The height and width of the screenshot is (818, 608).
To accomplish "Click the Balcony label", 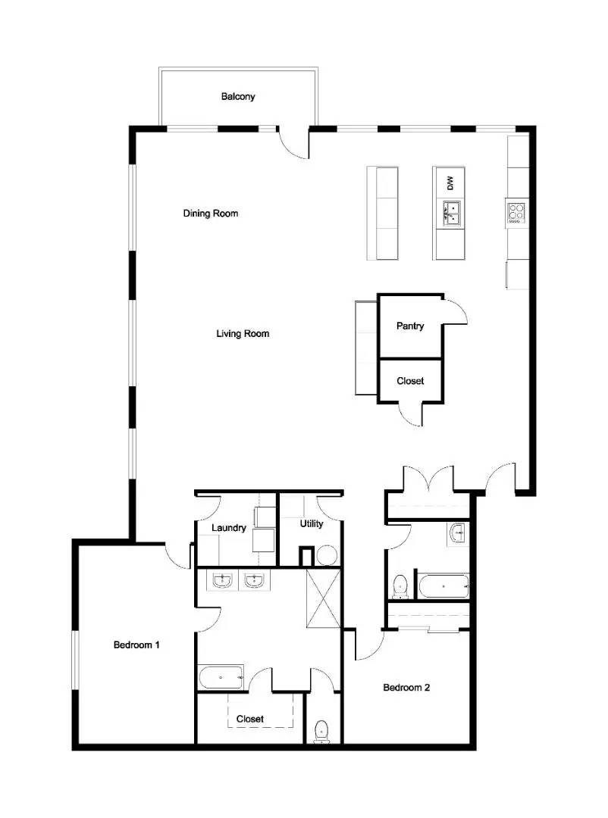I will (x=238, y=97).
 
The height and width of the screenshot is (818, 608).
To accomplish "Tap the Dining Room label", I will (x=211, y=214).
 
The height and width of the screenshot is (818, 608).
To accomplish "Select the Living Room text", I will (x=243, y=333).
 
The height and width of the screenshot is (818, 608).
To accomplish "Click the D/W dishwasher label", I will (x=450, y=183).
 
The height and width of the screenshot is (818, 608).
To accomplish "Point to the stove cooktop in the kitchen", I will (x=516, y=212).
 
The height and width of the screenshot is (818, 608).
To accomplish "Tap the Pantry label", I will (x=410, y=326).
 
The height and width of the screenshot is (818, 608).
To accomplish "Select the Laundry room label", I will (x=229, y=528).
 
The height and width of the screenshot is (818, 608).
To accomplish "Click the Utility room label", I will (x=312, y=523).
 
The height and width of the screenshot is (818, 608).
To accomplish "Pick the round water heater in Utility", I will (x=326, y=556).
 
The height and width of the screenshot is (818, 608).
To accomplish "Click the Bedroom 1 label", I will (x=136, y=645).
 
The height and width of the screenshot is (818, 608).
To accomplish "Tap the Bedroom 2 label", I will (x=406, y=688).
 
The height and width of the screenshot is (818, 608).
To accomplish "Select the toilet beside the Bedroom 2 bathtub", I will (x=401, y=585).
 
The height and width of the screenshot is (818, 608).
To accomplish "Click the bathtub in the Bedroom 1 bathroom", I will (x=221, y=676).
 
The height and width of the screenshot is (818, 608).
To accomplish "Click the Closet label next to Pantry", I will (x=410, y=381).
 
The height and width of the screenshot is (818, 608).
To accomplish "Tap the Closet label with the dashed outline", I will (x=250, y=719).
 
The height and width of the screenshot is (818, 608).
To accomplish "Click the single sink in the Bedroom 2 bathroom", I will (x=459, y=533).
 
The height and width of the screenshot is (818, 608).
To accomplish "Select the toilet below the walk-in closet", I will (x=321, y=731).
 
